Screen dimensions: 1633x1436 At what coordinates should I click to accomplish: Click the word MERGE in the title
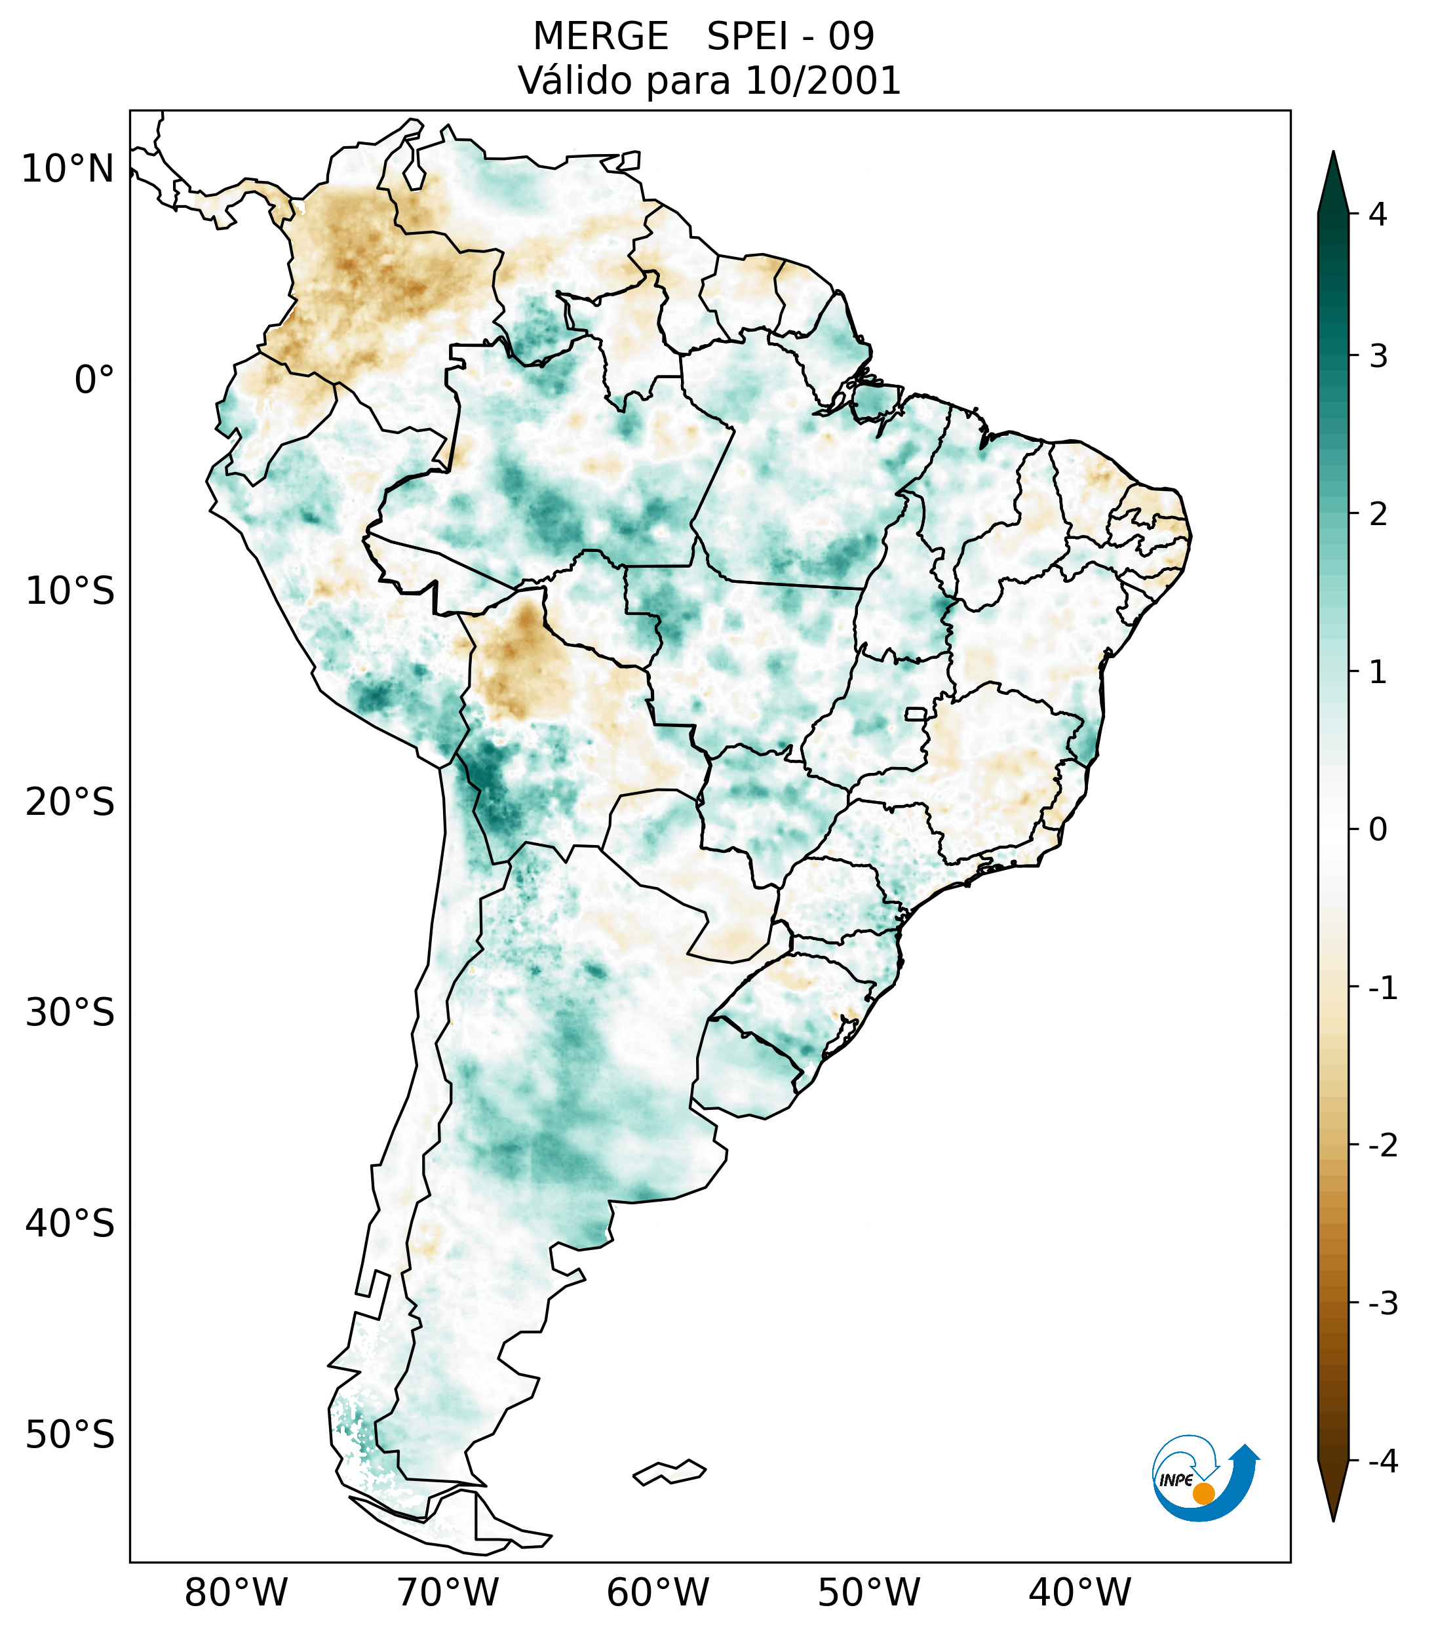600,37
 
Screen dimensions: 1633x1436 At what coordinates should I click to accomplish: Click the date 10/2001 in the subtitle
823,81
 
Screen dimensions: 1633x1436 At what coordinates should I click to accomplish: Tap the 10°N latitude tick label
68,169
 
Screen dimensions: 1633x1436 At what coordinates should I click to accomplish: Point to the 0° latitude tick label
94,380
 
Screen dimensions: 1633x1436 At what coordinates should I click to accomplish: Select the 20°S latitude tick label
70,802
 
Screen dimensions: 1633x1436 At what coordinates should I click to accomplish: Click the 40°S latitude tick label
70,1224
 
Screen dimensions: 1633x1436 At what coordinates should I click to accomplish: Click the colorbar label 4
1378,214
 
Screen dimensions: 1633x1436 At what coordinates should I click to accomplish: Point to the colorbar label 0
1378,830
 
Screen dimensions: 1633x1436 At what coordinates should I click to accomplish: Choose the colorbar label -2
1382,1146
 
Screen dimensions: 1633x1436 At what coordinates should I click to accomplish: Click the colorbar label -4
1382,1462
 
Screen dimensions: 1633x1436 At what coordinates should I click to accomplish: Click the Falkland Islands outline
669,1472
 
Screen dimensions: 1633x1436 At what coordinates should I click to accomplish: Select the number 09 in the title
851,37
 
